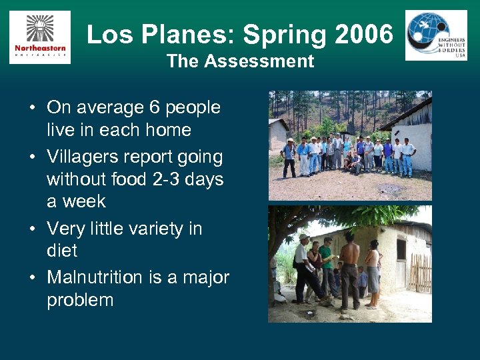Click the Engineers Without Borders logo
coord(436,35)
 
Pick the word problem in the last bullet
coord(80,300)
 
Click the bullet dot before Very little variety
coord(31,229)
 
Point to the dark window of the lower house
coord(401,249)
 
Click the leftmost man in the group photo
coord(289,157)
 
